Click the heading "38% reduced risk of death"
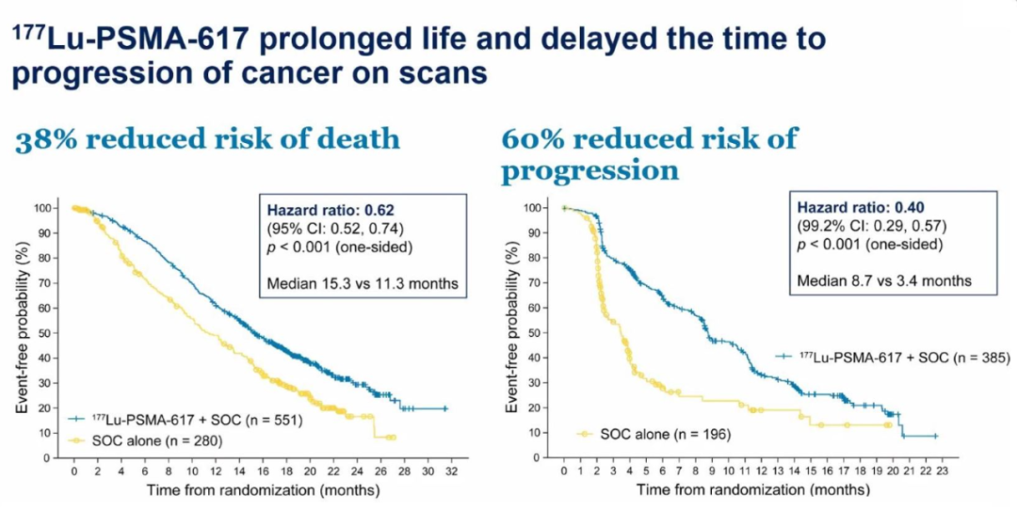pos(206,139)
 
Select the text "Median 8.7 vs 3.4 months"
pos(884,280)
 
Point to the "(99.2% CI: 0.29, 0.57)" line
pos(870,226)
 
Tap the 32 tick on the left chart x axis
pos(451,470)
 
